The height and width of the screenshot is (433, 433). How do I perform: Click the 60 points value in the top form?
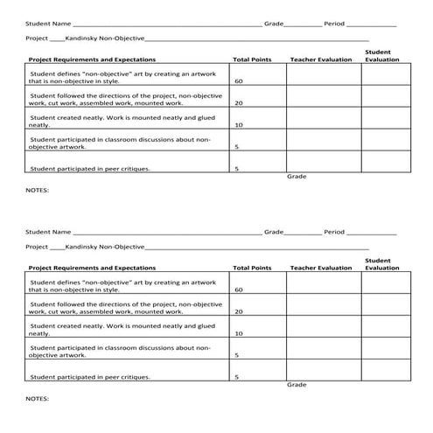click(239, 81)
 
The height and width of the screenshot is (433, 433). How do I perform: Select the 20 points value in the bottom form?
click(239, 311)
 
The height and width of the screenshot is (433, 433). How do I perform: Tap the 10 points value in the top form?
click(239, 124)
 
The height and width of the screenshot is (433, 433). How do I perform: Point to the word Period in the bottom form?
click(335, 232)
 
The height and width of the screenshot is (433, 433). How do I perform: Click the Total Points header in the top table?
click(252, 59)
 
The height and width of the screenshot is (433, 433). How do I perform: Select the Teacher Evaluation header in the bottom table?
click(320, 268)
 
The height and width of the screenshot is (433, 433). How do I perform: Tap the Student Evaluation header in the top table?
click(381, 56)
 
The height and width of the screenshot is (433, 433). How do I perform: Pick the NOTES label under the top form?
click(38, 189)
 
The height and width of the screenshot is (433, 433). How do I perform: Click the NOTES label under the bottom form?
click(38, 398)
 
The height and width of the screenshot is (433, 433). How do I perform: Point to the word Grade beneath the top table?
click(297, 177)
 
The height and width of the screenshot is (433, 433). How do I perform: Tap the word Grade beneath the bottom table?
click(297, 385)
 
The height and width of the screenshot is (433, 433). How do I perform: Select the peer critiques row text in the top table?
click(90, 168)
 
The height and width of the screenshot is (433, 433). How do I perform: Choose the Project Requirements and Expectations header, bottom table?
click(92, 268)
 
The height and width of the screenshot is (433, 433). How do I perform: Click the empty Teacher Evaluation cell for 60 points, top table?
click(323, 77)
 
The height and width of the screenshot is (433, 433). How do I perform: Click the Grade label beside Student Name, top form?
click(274, 24)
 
